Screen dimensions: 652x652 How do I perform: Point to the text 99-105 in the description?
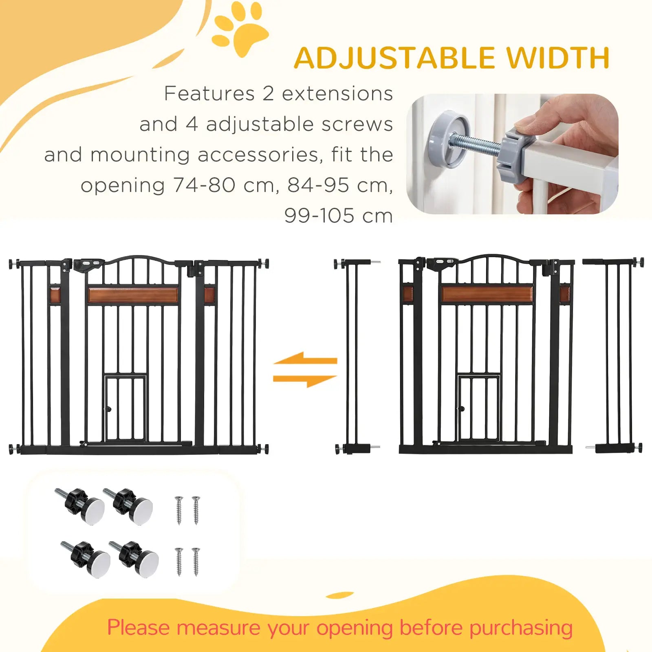319,216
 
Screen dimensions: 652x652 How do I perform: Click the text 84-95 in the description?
318,185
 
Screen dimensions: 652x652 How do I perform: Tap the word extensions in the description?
337,94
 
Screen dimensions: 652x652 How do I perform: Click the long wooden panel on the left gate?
133,295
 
